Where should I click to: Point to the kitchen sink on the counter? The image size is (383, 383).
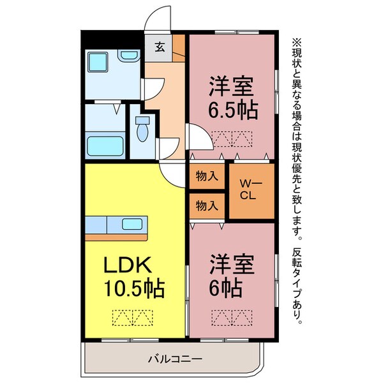click(x=133, y=224)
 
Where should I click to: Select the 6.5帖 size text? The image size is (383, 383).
click(x=232, y=110)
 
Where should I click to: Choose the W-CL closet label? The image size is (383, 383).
click(x=248, y=190)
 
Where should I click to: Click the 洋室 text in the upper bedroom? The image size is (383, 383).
click(x=233, y=86)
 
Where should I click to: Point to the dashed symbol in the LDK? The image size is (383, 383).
click(x=133, y=317)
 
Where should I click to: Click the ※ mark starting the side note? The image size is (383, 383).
click(x=296, y=41)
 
